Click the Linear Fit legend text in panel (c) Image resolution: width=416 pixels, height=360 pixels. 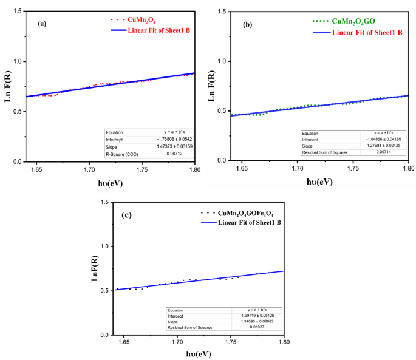point(244,224)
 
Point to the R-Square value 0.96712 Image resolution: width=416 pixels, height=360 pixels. point(176,155)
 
